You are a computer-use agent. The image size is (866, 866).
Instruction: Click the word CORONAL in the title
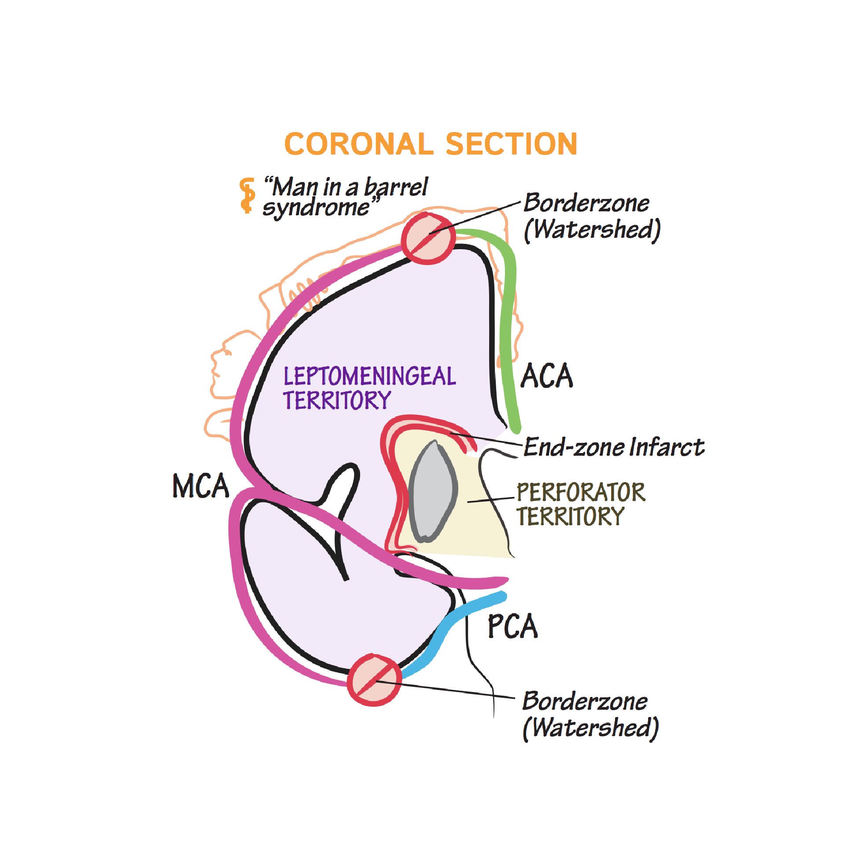(x=358, y=144)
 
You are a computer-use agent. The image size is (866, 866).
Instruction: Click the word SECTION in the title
(x=512, y=144)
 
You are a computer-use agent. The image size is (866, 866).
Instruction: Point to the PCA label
(x=512, y=626)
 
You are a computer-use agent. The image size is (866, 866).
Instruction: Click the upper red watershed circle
(x=428, y=239)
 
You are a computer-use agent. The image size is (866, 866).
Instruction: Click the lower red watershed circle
(x=374, y=680)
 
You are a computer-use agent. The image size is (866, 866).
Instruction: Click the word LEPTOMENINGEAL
(x=370, y=376)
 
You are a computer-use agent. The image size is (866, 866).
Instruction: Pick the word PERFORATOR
(x=581, y=492)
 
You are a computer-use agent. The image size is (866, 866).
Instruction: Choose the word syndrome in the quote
(x=316, y=208)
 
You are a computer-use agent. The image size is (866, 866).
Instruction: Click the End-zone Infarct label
(x=614, y=447)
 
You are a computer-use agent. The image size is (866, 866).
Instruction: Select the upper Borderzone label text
(x=586, y=203)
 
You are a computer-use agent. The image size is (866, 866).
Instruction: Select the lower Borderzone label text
(x=585, y=701)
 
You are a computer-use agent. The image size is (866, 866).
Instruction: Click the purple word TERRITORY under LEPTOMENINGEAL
(x=337, y=400)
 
